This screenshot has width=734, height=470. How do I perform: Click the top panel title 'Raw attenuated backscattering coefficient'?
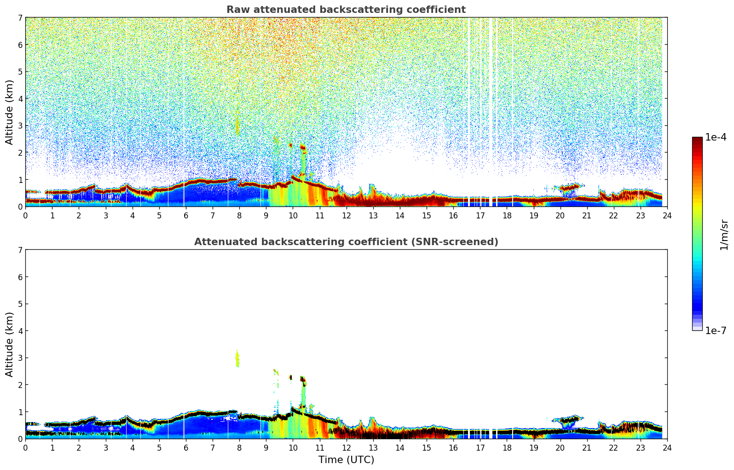click(346, 10)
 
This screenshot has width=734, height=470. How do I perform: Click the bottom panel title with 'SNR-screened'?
click(346, 242)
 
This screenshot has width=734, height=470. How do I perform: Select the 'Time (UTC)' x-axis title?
click(346, 460)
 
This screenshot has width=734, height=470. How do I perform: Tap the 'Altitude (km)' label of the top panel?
click(10, 112)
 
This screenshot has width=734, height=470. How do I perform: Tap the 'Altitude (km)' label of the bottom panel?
click(10, 344)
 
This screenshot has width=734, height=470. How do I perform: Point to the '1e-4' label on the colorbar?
click(716, 137)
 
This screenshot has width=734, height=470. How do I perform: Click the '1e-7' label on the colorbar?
click(716, 330)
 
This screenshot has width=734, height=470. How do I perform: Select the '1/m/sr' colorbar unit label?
click(724, 235)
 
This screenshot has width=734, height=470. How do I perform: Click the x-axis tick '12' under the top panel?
click(346, 216)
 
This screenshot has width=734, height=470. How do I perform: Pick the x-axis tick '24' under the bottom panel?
click(667, 448)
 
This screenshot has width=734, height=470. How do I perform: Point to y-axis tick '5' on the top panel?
click(20, 71)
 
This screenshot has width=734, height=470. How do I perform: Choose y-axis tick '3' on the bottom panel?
click(20, 358)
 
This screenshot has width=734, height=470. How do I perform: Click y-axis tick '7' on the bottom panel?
click(20, 250)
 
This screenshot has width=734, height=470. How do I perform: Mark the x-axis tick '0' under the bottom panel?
click(25, 448)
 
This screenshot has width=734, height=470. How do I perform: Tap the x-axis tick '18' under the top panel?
click(507, 216)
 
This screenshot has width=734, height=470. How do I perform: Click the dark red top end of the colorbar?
click(697, 139)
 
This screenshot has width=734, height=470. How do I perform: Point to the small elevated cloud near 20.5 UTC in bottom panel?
click(569, 420)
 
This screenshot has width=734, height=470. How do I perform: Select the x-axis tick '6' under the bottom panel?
click(186, 448)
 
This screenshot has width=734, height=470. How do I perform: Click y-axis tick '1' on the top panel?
click(20, 180)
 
